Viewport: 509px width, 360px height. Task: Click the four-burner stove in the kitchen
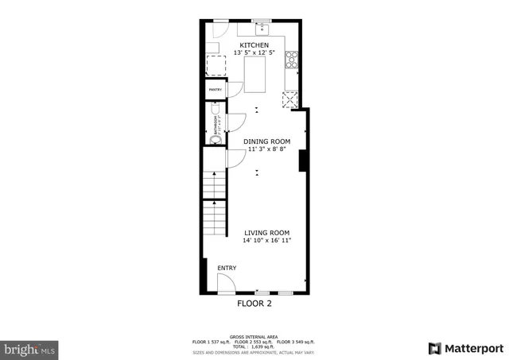click(x=292, y=59)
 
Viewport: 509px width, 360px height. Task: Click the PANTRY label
click(x=215, y=90)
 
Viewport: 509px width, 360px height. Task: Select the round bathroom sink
click(x=212, y=141)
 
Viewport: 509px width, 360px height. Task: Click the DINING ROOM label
click(x=266, y=141)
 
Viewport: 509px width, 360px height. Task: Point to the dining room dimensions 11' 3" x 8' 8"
click(x=266, y=149)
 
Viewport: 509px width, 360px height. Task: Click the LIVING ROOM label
click(x=267, y=232)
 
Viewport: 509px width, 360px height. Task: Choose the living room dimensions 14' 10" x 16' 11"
click(x=267, y=240)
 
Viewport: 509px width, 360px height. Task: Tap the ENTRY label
click(x=227, y=269)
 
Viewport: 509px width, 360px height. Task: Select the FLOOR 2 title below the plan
click(x=255, y=304)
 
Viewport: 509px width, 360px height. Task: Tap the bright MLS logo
click(x=30, y=348)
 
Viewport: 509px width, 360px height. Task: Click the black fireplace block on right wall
click(x=303, y=161)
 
